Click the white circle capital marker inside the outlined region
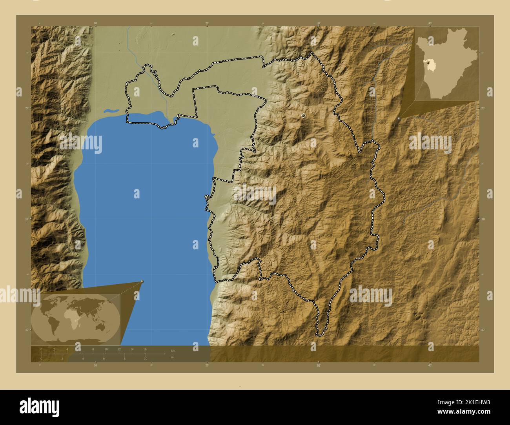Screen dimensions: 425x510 [303, 116]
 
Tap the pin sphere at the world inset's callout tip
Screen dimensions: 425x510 [142, 282]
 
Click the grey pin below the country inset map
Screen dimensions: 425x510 [399, 118]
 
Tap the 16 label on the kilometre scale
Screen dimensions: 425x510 [145, 349]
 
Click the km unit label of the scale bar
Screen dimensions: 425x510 [173, 351]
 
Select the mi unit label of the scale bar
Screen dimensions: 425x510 [173, 358]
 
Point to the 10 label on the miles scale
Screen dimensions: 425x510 [145, 358]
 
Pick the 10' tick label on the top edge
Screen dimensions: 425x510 [95, 24]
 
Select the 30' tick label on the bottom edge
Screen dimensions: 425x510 [318, 365]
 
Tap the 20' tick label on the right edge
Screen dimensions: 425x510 [483, 108]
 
